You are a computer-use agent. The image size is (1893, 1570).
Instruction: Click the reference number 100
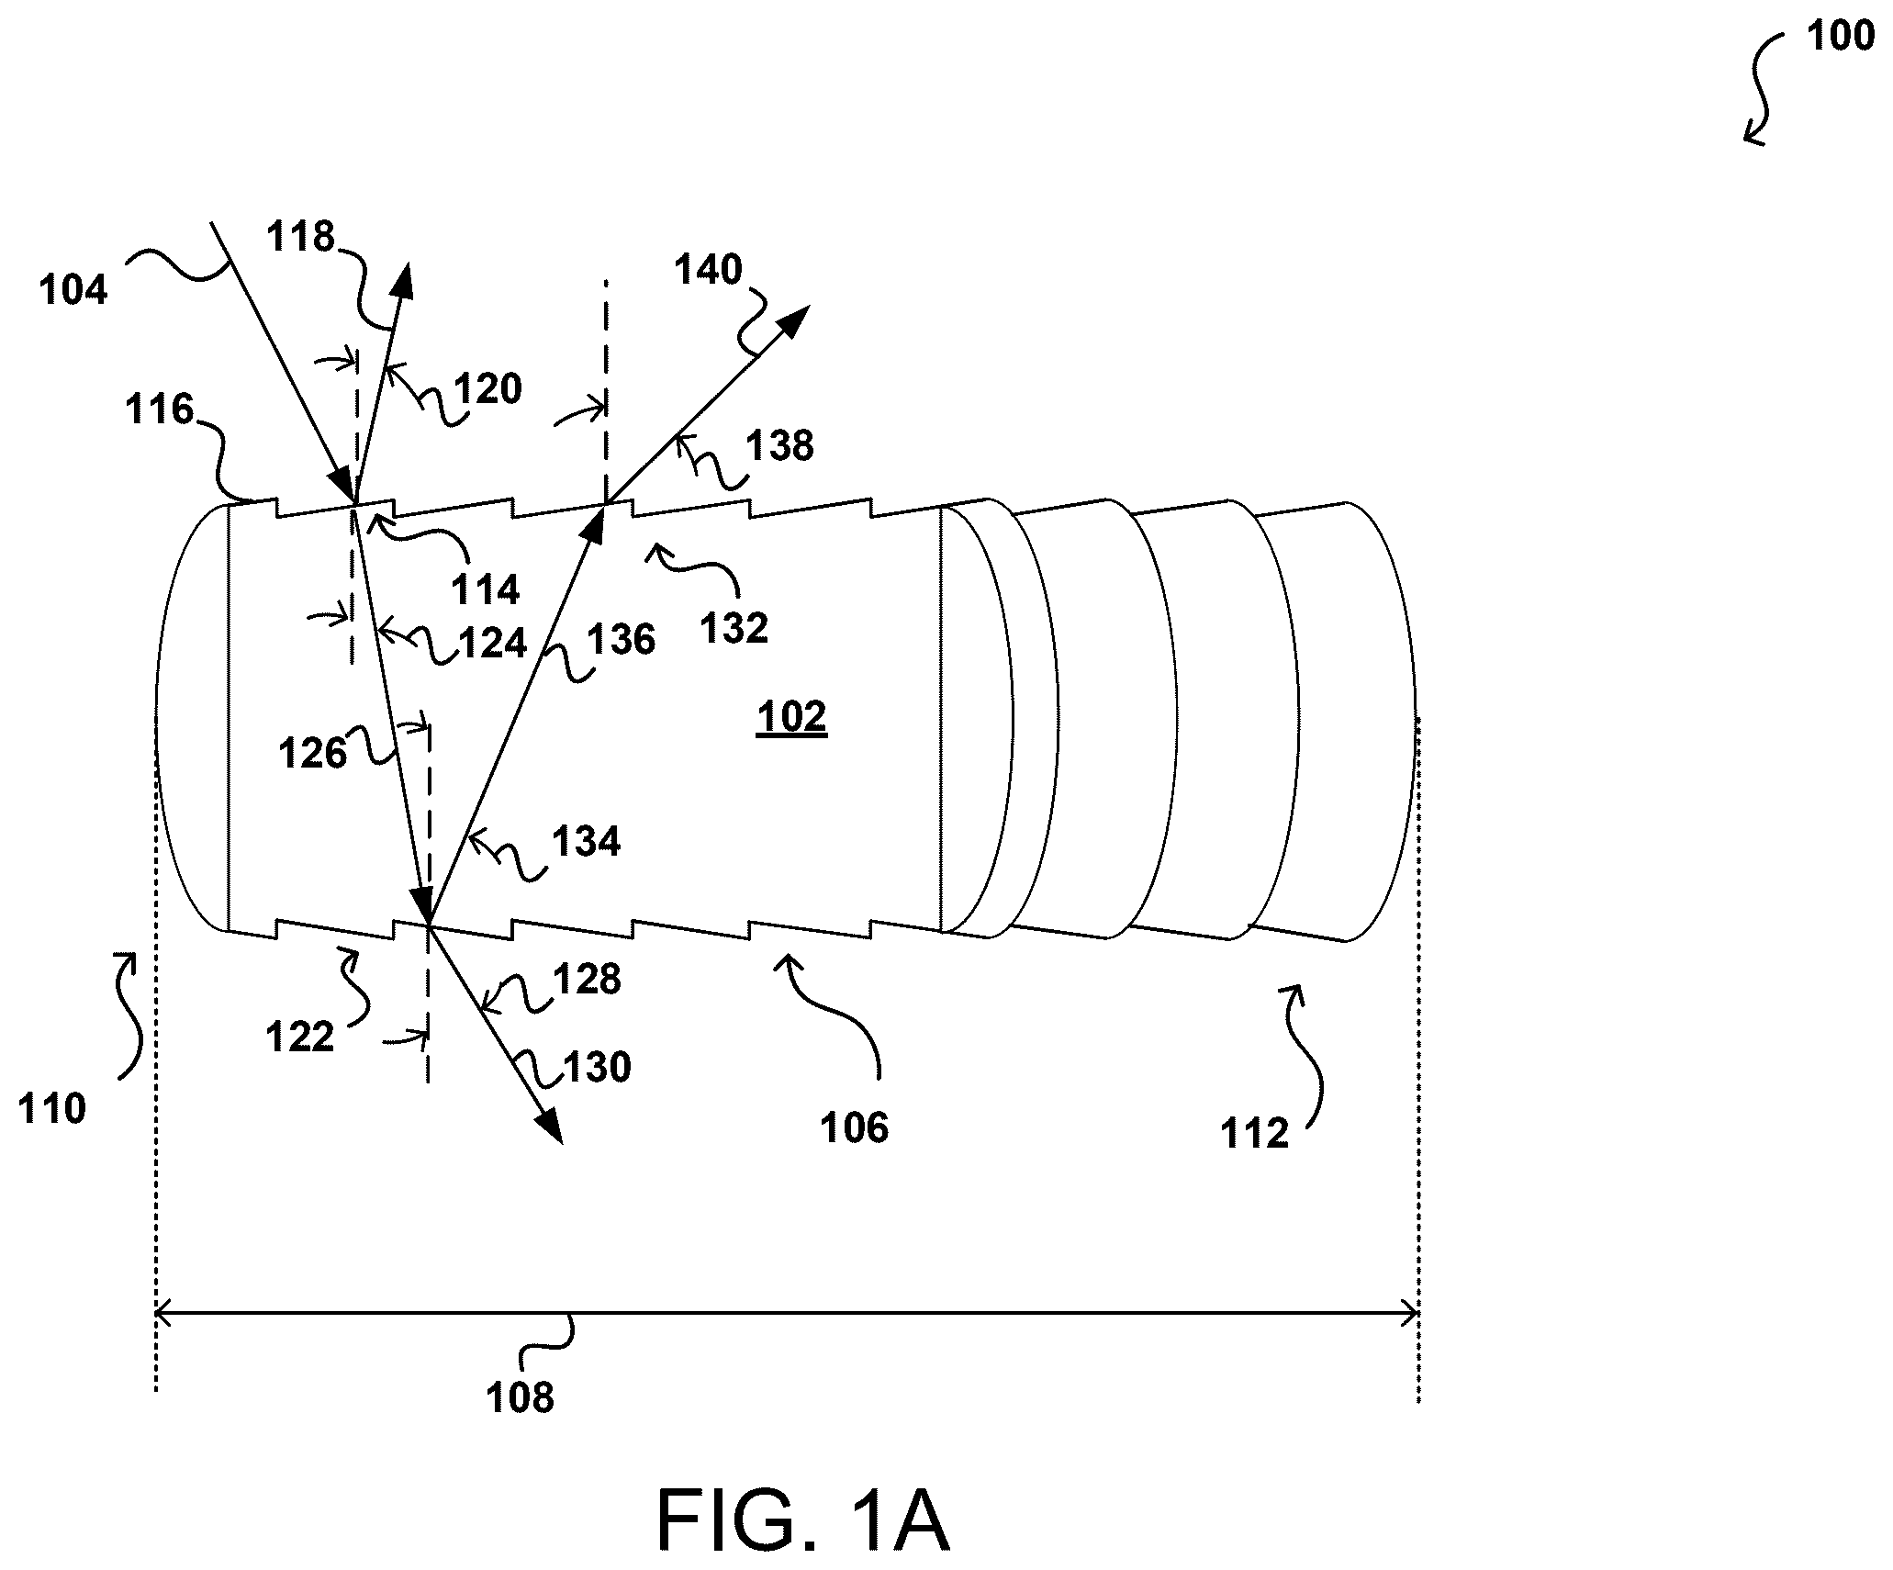(1840, 37)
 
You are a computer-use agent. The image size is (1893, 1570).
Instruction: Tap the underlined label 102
(791, 717)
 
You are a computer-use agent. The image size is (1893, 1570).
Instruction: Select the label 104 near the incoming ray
(73, 290)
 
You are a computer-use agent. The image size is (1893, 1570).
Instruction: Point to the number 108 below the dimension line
(521, 1397)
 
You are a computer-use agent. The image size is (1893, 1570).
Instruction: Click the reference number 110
(52, 1109)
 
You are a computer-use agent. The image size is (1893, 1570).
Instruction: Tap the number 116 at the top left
(160, 409)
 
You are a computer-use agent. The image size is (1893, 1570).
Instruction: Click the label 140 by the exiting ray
(708, 270)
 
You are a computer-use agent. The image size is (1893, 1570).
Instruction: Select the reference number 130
(597, 1068)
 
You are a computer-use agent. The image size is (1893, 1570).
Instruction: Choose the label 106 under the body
(855, 1127)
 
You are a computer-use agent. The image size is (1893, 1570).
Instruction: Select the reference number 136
(622, 639)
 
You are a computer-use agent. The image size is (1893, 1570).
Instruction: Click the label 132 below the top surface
(734, 629)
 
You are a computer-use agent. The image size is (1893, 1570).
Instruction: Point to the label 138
(779, 445)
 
